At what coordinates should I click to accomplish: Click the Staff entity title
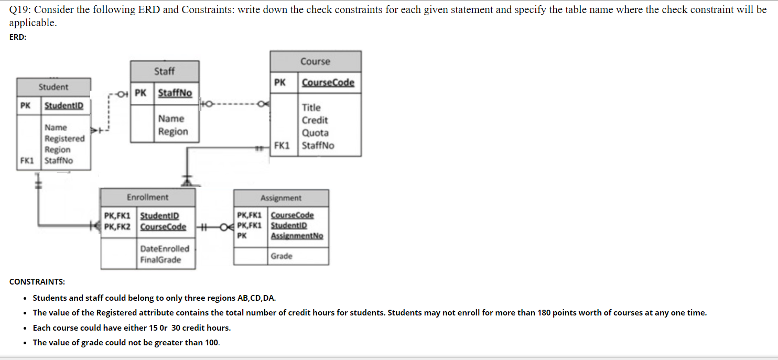click(164, 71)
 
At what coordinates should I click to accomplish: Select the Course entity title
click(315, 61)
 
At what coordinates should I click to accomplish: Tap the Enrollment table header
click(147, 198)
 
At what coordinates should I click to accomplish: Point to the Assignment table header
click(281, 198)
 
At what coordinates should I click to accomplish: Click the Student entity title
click(53, 87)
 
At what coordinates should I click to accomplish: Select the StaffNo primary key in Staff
click(175, 93)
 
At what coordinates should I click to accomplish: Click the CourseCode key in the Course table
click(328, 82)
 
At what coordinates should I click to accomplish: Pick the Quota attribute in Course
click(315, 133)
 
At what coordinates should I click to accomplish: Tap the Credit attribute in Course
click(315, 120)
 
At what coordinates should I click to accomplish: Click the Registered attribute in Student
click(64, 138)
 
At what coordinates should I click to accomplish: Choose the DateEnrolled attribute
click(165, 248)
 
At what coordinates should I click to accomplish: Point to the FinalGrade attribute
click(160, 260)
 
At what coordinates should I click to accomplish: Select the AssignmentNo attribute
click(297, 236)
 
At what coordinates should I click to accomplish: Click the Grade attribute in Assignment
click(282, 256)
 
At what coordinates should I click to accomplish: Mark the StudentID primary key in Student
click(63, 106)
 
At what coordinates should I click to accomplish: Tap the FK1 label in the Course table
click(282, 146)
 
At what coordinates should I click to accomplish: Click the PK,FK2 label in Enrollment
click(117, 227)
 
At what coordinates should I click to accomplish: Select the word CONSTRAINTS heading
click(37, 282)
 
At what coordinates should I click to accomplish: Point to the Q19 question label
click(19, 10)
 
